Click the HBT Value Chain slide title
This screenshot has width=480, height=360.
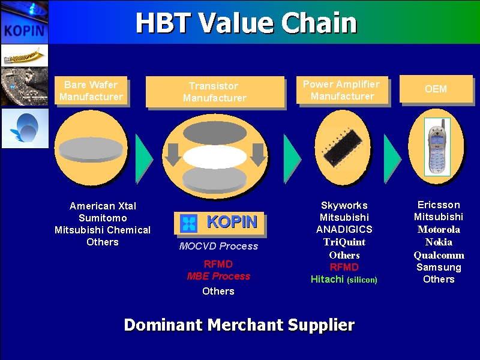click(247, 23)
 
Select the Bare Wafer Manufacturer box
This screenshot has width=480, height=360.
click(91, 91)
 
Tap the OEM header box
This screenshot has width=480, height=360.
click(436, 89)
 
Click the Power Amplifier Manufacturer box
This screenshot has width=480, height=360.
click(342, 90)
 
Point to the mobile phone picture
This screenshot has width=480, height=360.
click(437, 147)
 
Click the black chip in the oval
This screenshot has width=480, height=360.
click(342, 148)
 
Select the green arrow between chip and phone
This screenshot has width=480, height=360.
click(392, 158)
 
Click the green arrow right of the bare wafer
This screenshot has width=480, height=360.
click(144, 158)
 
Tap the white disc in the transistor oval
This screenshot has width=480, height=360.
click(215, 157)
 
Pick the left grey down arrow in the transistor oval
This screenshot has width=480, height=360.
click(173, 155)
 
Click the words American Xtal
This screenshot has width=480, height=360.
click(103, 206)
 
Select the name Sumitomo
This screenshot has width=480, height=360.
click(103, 218)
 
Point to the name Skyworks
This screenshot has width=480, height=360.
click(344, 205)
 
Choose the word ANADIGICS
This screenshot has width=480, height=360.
click(344, 229)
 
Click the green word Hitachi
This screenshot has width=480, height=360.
click(327, 279)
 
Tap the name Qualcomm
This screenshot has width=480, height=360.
click(439, 256)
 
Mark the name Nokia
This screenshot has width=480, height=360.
click(439, 242)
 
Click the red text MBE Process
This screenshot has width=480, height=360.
click(218, 276)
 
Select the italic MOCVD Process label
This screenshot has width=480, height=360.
click(218, 246)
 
